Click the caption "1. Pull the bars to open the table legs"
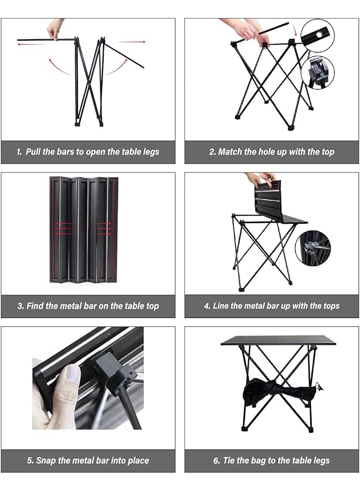pos(88,152)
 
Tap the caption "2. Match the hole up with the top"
pos(272,152)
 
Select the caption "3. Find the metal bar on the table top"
pos(88,306)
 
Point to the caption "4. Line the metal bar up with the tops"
pos(272,306)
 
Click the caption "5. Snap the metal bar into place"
pos(88,460)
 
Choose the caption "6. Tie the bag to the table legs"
pos(272,460)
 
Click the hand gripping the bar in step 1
pos(55,29)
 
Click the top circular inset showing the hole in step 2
pos(318,35)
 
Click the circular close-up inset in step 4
pos(313,247)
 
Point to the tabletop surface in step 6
pos(278,341)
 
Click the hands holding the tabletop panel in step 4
pos(261,179)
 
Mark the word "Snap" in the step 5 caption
pos(47,460)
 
